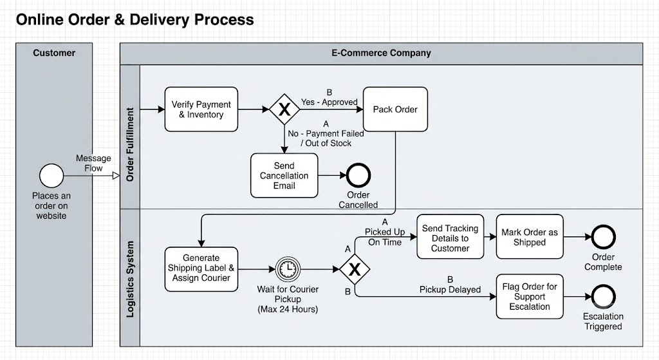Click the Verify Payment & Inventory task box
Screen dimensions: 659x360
click(x=201, y=109)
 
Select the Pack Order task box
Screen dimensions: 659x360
click(x=395, y=109)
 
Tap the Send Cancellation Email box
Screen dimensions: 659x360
click(x=284, y=175)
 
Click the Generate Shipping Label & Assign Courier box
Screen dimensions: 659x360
click(x=201, y=269)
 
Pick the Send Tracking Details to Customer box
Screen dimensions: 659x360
click(x=450, y=237)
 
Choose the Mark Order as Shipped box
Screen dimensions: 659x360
click(x=530, y=237)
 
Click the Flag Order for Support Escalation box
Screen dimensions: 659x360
click(x=530, y=296)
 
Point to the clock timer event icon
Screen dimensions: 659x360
click(x=288, y=269)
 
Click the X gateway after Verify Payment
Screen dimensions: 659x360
click(x=284, y=109)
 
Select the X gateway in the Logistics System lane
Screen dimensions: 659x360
click(x=355, y=269)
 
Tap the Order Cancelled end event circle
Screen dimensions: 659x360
click(x=358, y=175)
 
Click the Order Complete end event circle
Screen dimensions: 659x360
click(x=603, y=237)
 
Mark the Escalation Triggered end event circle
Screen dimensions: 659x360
click(x=603, y=296)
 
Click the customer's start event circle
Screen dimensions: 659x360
click(x=51, y=175)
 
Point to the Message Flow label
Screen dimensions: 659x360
click(x=93, y=163)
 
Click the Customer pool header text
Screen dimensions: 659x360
click(x=54, y=53)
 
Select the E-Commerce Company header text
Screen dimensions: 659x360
click(x=381, y=53)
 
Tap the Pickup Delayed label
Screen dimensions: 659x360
click(x=450, y=290)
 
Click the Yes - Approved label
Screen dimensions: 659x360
click(x=329, y=102)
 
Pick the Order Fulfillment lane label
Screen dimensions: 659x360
click(x=130, y=145)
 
